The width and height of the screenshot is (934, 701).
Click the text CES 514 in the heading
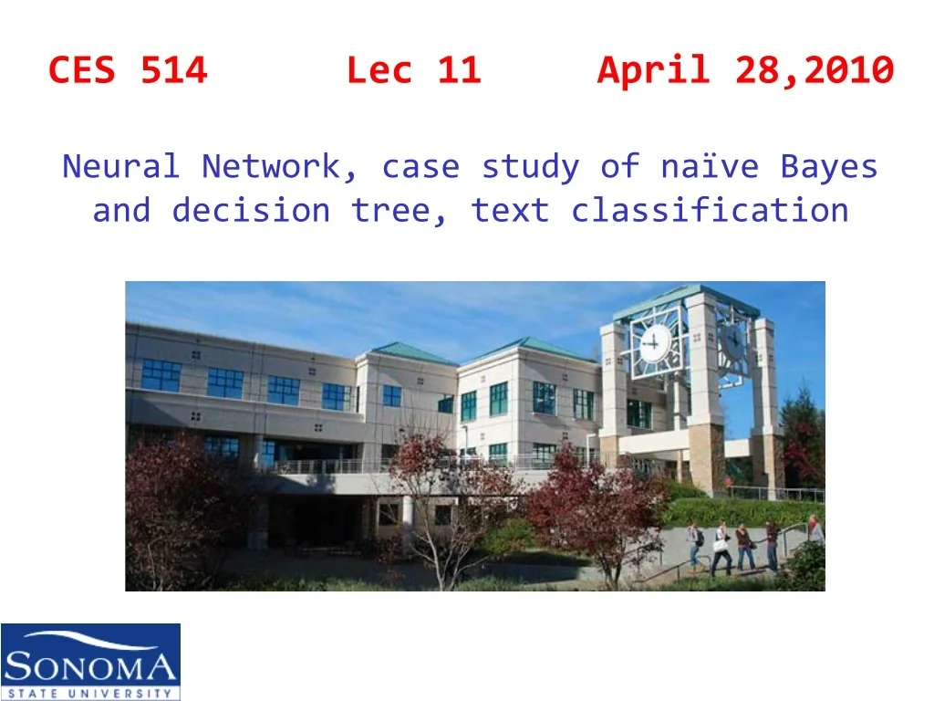tap(128, 70)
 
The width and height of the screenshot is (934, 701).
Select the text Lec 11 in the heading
tap(413, 70)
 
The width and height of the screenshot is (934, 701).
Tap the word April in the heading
tap(653, 70)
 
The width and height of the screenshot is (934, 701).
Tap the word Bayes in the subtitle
tap(829, 167)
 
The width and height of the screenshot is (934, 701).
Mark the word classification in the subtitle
tap(710, 211)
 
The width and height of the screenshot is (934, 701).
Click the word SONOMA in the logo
tap(89, 668)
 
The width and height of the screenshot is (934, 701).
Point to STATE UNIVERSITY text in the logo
tap(89, 691)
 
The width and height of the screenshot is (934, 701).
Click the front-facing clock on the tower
tap(654, 344)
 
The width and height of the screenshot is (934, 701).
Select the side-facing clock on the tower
tap(732, 340)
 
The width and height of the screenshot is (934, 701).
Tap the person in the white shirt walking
tap(721, 546)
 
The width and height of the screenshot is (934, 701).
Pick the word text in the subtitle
tap(510, 211)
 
